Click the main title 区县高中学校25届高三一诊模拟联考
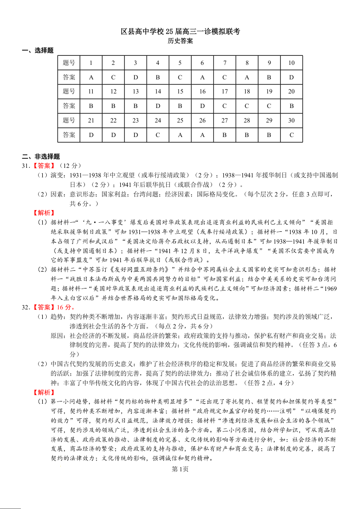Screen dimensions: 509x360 [x=180, y=31]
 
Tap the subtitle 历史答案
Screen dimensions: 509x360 [x=180, y=41]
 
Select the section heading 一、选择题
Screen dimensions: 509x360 [x=38, y=50]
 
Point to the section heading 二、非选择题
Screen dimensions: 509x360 [x=41, y=157]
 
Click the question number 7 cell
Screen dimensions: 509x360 [x=225, y=63]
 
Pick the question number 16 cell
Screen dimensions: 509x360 [x=202, y=92]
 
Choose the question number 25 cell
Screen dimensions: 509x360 [x=180, y=121]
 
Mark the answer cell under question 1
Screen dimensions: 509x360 [x=91, y=78]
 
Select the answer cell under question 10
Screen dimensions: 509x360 [x=291, y=78]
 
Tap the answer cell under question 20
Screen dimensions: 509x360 [x=291, y=106]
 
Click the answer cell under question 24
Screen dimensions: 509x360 [x=158, y=135]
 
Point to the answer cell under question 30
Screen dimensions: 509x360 [x=291, y=135]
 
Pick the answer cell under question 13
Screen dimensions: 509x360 [x=136, y=106]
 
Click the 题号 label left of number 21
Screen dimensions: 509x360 [x=69, y=121]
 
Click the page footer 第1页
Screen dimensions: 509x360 [x=180, y=469]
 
